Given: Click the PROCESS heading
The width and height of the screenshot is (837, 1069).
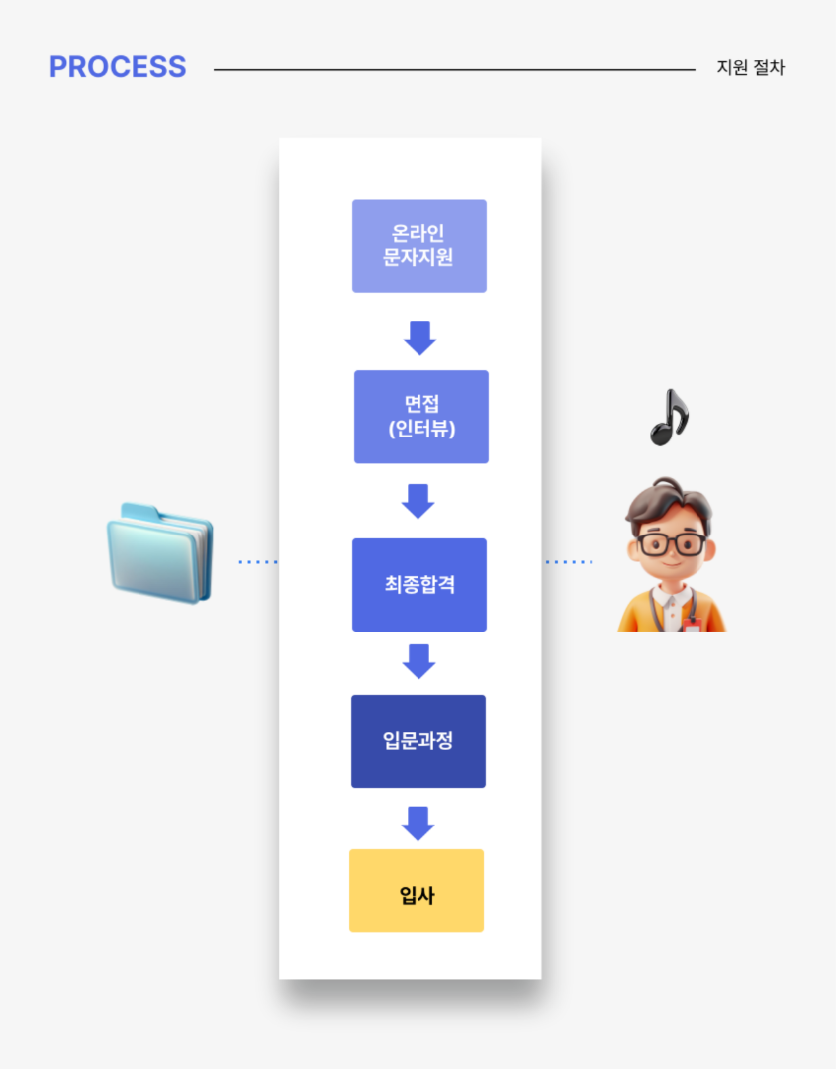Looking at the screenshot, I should tap(118, 67).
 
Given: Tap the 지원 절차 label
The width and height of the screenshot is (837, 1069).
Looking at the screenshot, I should tap(751, 68).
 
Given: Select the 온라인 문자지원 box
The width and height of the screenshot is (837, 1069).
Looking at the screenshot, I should tap(418, 245).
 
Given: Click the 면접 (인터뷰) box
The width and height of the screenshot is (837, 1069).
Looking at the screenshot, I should tap(420, 417).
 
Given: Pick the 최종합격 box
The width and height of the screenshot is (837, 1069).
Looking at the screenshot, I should tap(418, 584).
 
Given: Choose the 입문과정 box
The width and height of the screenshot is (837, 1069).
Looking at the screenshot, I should tap(418, 740).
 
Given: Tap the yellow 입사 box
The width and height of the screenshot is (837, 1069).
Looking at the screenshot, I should tap(417, 891).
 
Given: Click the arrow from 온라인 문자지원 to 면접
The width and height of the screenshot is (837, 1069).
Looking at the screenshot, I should tap(419, 337).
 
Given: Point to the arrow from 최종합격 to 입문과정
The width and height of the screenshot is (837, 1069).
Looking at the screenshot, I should tap(419, 660).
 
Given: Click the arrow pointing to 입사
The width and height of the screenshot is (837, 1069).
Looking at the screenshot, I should tap(418, 823).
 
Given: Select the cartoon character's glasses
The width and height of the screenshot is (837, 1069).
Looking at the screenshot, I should tap(672, 543).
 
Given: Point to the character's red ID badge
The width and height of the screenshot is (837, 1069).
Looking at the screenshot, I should tap(692, 624).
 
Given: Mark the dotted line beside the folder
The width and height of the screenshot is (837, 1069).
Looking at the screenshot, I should tap(258, 562).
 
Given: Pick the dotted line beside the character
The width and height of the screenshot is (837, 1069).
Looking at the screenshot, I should tap(568, 562).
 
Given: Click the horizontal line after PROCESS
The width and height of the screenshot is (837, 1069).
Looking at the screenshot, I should tap(454, 70).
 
